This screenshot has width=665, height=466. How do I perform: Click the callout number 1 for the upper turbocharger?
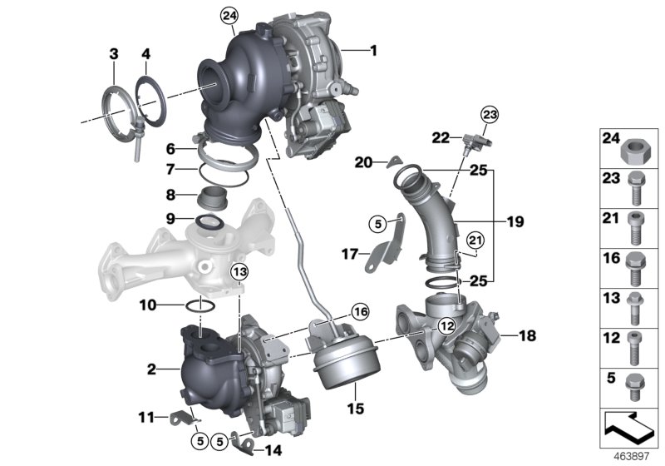(373, 51)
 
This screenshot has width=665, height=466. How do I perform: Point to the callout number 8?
(170, 197)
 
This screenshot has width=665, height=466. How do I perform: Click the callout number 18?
(505, 337)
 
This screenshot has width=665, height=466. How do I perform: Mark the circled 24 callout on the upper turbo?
(229, 14)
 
